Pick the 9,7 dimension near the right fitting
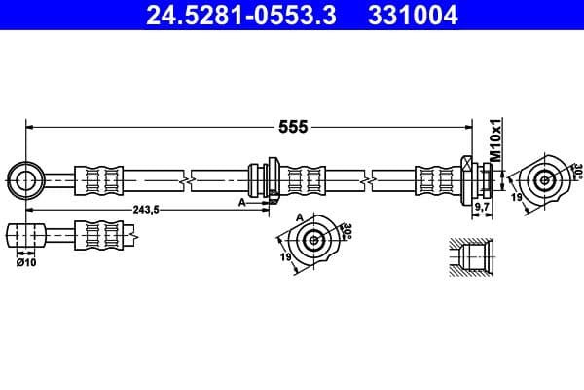480,208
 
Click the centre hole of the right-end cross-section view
544,179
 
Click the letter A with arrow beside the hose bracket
242,202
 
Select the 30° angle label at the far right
576,172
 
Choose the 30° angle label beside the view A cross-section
347,232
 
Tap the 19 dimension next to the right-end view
516,198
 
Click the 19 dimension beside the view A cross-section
285,257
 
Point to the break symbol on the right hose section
368,179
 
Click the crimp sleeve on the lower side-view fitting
101,235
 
